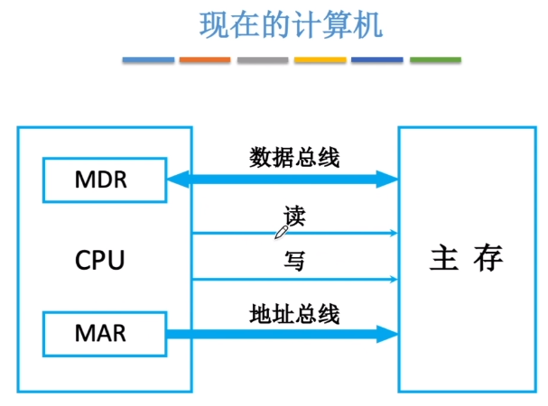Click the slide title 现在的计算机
pyautogui.click(x=291, y=25)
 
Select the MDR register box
pyautogui.click(x=103, y=180)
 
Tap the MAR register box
pyautogui.click(x=103, y=334)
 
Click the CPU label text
pyautogui.click(x=99, y=261)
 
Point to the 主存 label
pyautogui.click(x=466, y=259)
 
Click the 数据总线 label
pyautogui.click(x=294, y=158)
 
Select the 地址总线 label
pyautogui.click(x=294, y=315)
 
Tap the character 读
pyautogui.click(x=295, y=217)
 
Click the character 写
pyautogui.click(x=294, y=262)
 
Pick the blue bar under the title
pyautogui.click(x=148, y=60)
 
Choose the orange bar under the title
pyautogui.click(x=205, y=60)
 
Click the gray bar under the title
pyautogui.click(x=263, y=60)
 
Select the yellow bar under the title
pyautogui.click(x=320, y=60)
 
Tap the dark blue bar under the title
pyautogui.click(x=376, y=60)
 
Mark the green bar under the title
pyautogui.click(x=435, y=60)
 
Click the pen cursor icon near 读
pyautogui.click(x=281, y=232)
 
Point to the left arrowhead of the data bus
pyautogui.click(x=177, y=180)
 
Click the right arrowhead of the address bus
pyautogui.click(x=387, y=335)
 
